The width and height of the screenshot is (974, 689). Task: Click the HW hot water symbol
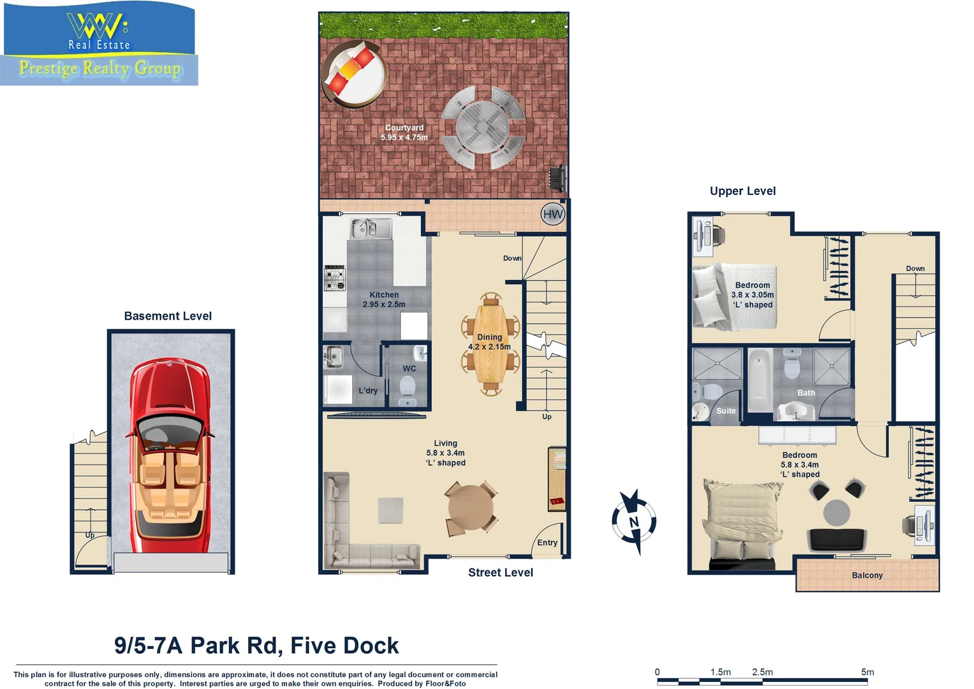click(x=552, y=214)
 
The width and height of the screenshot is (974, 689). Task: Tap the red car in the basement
click(x=169, y=455)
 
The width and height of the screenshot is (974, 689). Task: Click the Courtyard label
click(x=404, y=128)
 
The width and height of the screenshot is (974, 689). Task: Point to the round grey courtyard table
click(x=483, y=127)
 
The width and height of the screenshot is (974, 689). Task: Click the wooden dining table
click(x=490, y=344)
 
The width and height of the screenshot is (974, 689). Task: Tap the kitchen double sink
click(x=371, y=228)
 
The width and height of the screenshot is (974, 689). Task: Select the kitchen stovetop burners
click(x=335, y=278)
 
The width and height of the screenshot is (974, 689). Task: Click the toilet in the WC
click(x=408, y=389)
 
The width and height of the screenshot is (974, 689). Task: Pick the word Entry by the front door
click(x=547, y=542)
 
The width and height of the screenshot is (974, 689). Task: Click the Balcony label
click(x=867, y=575)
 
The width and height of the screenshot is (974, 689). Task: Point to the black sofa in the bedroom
click(x=837, y=540)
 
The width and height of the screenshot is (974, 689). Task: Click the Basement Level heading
click(x=168, y=316)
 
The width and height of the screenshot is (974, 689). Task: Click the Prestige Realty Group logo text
click(x=100, y=68)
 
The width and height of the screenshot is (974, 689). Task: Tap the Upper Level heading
click(x=742, y=191)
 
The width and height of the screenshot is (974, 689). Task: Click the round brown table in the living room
click(x=471, y=507)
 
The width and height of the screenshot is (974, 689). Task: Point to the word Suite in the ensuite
click(x=726, y=411)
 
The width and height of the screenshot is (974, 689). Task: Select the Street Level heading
click(x=501, y=572)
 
